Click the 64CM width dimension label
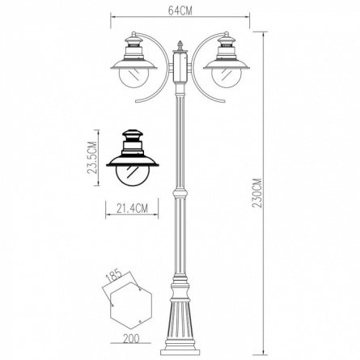[180, 11]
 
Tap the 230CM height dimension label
[257, 193]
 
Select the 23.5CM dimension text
[92, 158]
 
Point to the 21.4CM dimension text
[132, 208]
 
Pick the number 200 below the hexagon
[131, 338]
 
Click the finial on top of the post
[180, 46]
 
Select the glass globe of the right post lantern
[226, 78]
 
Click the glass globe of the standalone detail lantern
[132, 176]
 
